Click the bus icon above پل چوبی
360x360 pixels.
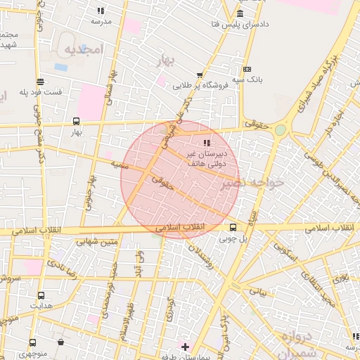tap(233, 226)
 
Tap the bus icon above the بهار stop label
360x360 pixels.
tap(77, 120)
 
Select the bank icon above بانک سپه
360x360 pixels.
tap(246, 69)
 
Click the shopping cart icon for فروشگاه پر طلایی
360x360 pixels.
tap(200, 75)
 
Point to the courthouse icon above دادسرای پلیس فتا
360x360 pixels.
tap(240, 14)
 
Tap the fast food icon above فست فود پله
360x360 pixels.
tap(41, 81)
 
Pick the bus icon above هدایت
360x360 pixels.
tap(41, 295)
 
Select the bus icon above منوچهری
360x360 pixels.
tap(32, 343)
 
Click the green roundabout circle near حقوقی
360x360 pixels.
tap(281, 129)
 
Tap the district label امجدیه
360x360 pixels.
tap(84, 49)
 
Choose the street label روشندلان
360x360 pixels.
tap(211, 264)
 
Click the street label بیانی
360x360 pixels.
tap(259, 290)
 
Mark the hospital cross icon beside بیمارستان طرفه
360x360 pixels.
tap(185, 347)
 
